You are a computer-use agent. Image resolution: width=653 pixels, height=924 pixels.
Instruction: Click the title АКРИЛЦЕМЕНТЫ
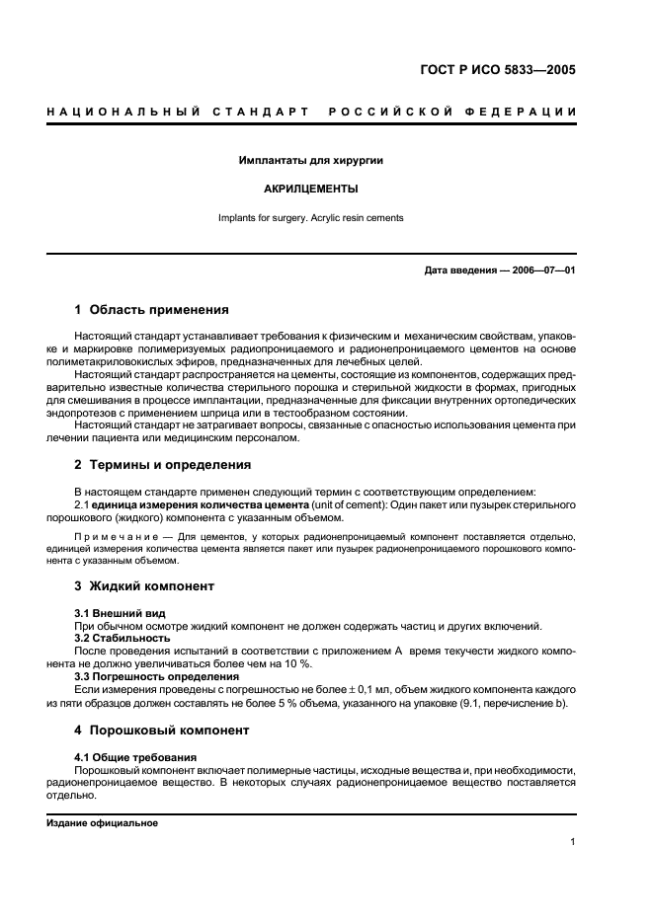click(311, 188)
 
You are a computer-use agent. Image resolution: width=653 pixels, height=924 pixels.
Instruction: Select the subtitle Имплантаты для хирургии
click(311, 159)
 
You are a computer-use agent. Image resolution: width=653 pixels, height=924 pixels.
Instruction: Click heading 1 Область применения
click(152, 309)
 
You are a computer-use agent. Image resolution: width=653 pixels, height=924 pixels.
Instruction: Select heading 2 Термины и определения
click(163, 464)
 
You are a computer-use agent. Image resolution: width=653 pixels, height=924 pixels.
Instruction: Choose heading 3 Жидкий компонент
click(144, 585)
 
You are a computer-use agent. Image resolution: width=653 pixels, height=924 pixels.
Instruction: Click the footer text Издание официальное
click(102, 822)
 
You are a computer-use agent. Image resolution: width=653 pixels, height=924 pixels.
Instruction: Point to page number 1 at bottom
click(572, 842)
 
